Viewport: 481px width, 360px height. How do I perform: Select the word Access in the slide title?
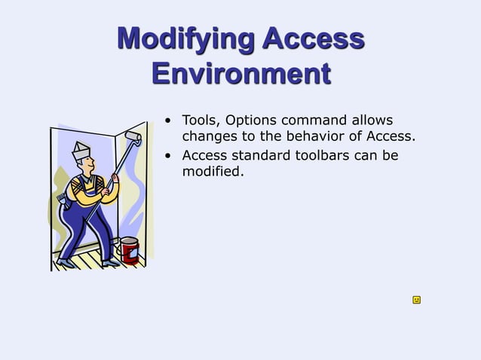coord(314,38)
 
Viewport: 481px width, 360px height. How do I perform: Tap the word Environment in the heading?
coord(240,74)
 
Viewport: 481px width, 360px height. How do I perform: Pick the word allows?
coord(372,121)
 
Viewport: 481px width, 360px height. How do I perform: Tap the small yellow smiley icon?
coord(416,300)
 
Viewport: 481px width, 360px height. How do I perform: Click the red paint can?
coord(130,250)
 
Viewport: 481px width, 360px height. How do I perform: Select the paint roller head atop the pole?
coord(133,137)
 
